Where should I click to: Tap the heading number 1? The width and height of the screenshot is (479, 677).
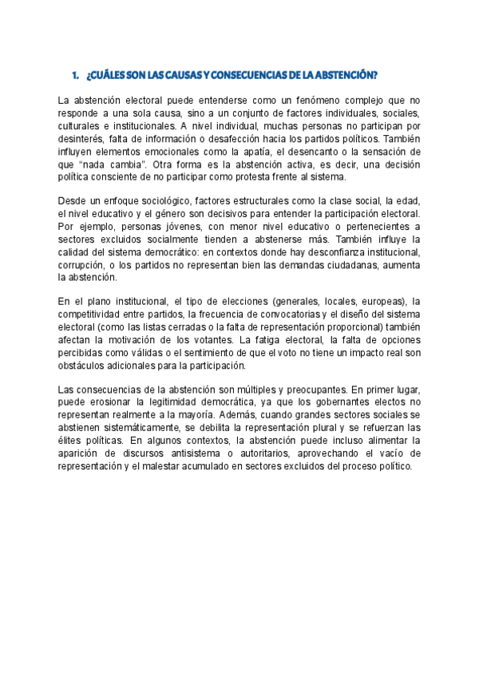[x=73, y=75]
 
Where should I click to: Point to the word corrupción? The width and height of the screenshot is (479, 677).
[x=82, y=265]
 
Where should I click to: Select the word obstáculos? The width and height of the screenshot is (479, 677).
[x=85, y=366]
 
